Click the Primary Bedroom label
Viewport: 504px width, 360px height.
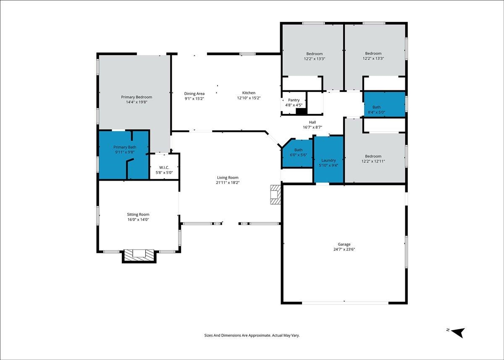point(136,97)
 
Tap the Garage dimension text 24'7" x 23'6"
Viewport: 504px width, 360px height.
point(344,249)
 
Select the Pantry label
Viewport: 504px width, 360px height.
point(294,100)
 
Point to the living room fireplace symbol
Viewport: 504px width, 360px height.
point(276,194)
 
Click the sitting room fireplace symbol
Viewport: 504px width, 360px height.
point(139,256)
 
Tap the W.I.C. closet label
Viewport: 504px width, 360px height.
point(164,168)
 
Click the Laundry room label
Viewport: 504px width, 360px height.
point(328,160)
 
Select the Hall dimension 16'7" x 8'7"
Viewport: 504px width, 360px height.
point(312,127)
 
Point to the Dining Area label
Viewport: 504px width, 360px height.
point(194,94)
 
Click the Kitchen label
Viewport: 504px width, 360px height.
point(249,93)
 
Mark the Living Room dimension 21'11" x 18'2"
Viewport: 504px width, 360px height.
point(228,182)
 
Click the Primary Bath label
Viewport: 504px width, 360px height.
point(125,147)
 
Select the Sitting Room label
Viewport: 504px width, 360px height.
point(138,214)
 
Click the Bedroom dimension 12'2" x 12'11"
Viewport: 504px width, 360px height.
point(373,161)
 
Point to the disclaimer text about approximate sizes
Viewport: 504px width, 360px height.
point(252,336)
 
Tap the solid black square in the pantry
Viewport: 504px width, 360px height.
point(301,111)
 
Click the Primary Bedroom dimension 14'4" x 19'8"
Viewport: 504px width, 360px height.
point(136,102)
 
